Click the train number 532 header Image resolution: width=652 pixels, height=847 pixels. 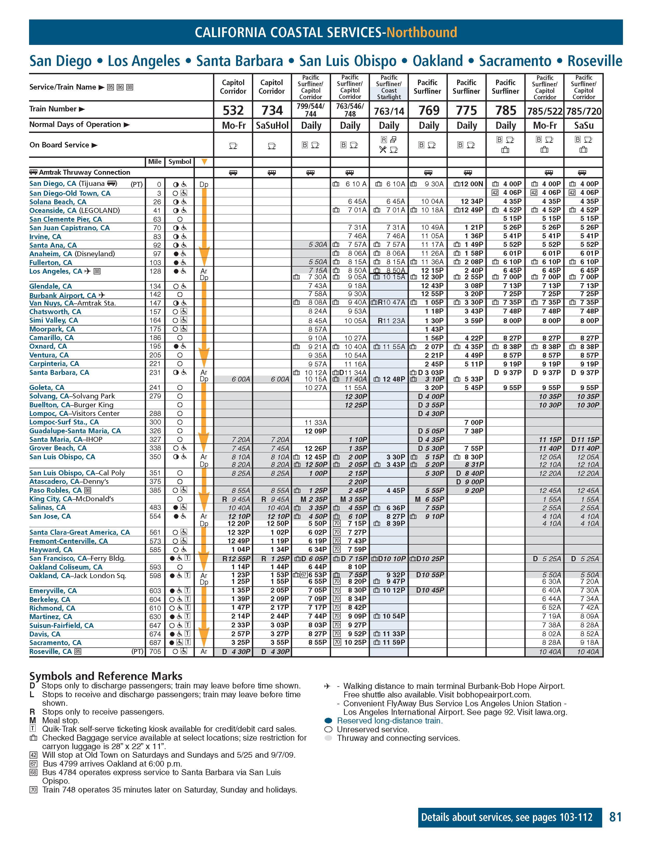pyautogui.click(x=233, y=111)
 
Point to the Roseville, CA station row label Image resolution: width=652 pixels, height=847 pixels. pyautogui.click(x=50, y=651)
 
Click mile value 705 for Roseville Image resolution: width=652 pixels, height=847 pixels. pyautogui.click(x=155, y=652)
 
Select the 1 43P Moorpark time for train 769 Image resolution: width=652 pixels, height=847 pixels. pyautogui.click(x=435, y=329)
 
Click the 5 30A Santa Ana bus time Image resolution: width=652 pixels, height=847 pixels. pyautogui.click(x=318, y=245)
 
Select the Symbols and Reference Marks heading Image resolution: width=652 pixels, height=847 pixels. pyautogui.click(x=105, y=676)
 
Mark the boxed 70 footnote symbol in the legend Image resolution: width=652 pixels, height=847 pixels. pyautogui.click(x=33, y=790)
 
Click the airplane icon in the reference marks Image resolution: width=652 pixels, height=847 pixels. pyautogui.click(x=327, y=686)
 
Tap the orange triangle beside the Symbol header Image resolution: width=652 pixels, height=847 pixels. pyautogui.click(x=204, y=162)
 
